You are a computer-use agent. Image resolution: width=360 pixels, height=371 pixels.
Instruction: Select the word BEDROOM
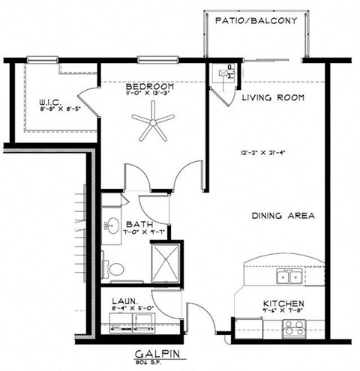point(153,86)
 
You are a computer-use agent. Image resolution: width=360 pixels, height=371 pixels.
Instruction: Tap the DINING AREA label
point(282,216)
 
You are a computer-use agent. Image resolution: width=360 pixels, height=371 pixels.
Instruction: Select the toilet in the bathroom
point(115,268)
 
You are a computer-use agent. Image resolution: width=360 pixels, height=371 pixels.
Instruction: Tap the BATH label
point(139,224)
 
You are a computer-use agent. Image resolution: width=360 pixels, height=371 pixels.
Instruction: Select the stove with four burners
point(292,328)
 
